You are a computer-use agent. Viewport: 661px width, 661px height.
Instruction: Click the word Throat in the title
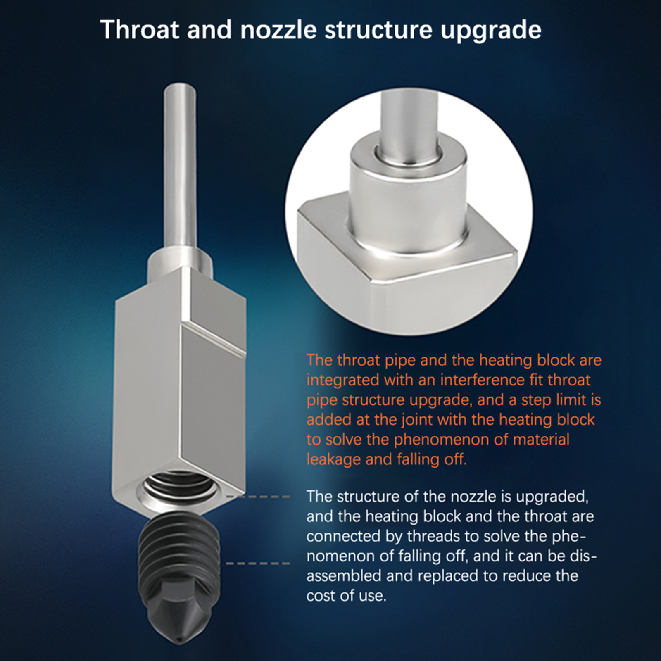[x=140, y=30]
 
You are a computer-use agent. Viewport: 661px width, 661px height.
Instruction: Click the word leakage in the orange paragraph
[x=333, y=460]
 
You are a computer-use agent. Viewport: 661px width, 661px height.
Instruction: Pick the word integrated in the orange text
[x=343, y=380]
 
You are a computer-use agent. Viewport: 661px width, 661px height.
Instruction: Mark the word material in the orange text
[x=541, y=440]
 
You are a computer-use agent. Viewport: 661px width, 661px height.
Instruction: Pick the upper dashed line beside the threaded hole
[x=259, y=496]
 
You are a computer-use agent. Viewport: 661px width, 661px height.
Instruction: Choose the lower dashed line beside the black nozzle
[x=259, y=563]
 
